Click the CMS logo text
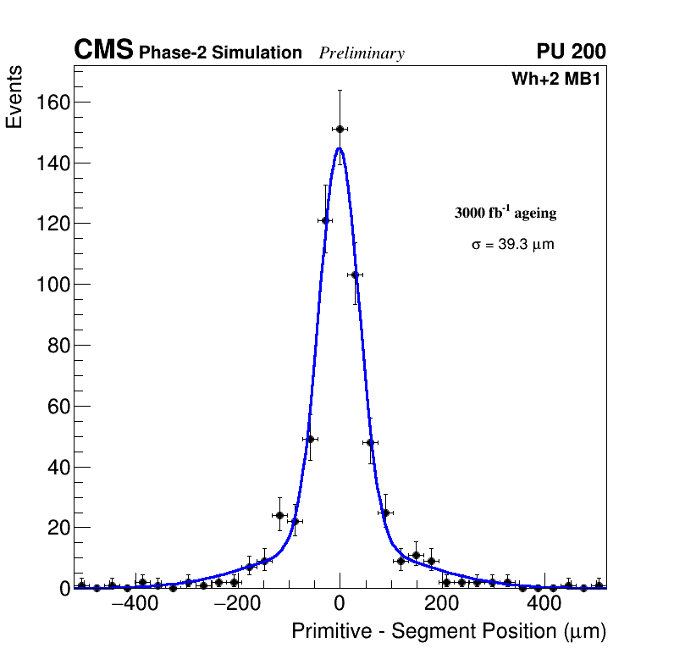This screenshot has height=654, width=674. pyautogui.click(x=103, y=51)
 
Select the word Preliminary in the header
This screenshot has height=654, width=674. pyautogui.click(x=362, y=53)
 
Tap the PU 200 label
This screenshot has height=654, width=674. pyautogui.click(x=571, y=52)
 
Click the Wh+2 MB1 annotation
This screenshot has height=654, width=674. pyautogui.click(x=555, y=80)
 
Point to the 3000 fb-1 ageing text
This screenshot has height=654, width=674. pyautogui.click(x=505, y=213)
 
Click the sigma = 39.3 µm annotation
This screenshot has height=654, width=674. pyautogui.click(x=512, y=245)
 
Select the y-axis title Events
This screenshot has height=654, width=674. pyautogui.click(x=14, y=98)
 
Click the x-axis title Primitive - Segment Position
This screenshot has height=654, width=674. pyautogui.click(x=449, y=631)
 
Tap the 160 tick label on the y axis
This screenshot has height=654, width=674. pyautogui.click(x=52, y=103)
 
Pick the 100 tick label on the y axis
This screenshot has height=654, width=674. pyautogui.click(x=52, y=285)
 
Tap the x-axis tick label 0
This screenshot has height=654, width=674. pyautogui.click(x=340, y=604)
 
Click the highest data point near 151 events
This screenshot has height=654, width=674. pyautogui.click(x=340, y=129)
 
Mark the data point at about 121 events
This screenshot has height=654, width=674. pyautogui.click(x=324, y=220)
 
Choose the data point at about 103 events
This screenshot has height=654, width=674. pyautogui.click(x=355, y=274)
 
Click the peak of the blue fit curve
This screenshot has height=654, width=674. pyautogui.click(x=340, y=148)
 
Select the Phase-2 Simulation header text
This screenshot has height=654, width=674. pyautogui.click(x=220, y=53)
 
